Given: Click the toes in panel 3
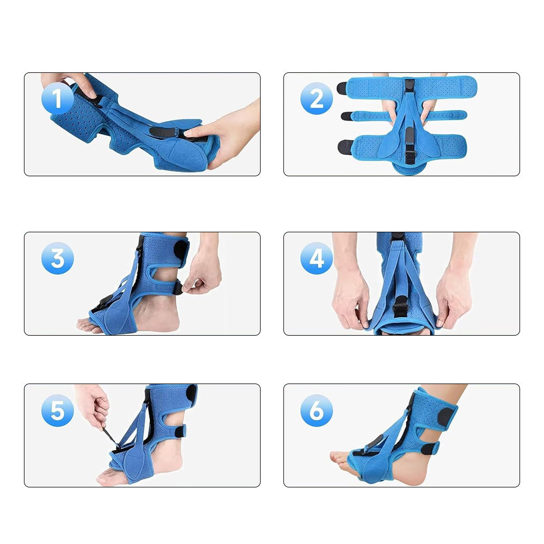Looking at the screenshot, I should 87,325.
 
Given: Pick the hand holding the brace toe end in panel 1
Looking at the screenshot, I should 231,133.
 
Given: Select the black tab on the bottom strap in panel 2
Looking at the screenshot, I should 344,146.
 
